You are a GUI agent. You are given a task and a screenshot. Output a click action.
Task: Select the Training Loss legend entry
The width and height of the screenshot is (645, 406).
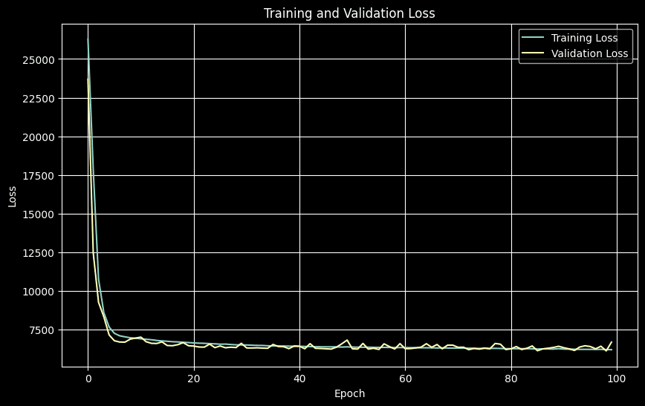[x=584, y=38]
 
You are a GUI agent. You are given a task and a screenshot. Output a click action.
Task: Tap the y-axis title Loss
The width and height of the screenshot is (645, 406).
[x=12, y=196]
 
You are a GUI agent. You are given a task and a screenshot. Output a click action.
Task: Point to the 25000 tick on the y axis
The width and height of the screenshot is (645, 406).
[x=39, y=60]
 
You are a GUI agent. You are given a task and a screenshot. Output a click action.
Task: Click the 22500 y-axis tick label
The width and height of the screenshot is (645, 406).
[x=39, y=99]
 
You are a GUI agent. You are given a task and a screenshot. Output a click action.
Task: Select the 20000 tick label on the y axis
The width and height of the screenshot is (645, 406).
[x=39, y=137]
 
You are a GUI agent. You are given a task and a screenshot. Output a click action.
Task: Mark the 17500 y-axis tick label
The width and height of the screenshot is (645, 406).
[x=39, y=176]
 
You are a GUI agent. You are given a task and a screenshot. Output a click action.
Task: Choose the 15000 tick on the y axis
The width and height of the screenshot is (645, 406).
[x=39, y=215]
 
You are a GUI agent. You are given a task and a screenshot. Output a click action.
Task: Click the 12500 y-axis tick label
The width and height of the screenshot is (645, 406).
[x=39, y=253]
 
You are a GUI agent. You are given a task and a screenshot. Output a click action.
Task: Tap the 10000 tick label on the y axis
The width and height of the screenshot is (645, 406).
[x=39, y=292]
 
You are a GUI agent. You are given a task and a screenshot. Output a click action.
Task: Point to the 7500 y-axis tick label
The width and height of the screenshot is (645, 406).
[x=42, y=330]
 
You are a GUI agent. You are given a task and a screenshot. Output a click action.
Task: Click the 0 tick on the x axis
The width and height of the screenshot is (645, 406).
[x=88, y=379]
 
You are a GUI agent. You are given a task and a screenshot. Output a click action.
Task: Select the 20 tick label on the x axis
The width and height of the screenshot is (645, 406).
[x=194, y=379]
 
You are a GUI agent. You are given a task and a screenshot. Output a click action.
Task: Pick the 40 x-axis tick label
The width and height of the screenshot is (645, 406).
[x=299, y=379]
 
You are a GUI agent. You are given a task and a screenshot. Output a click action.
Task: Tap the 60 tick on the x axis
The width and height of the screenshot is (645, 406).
[x=405, y=379]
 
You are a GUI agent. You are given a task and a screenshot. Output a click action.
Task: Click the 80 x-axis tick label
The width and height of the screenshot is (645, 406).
[x=511, y=379]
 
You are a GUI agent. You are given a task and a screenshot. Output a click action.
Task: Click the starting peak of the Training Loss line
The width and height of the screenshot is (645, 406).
[x=88, y=39]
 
